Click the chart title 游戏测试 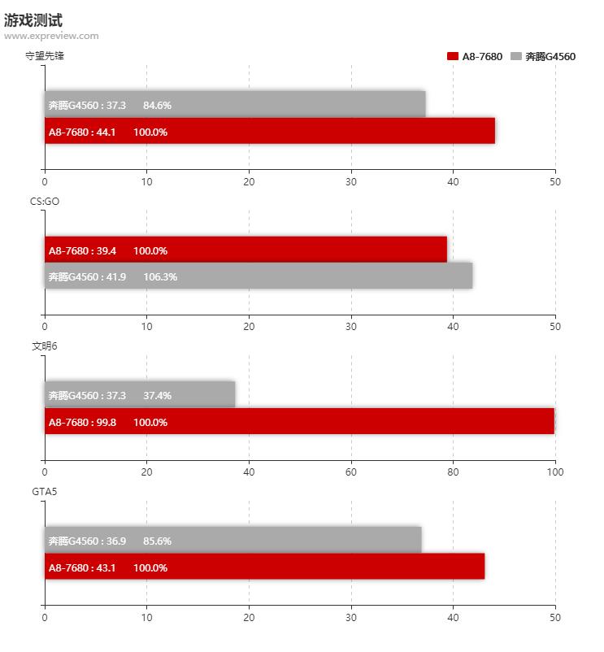[33, 20]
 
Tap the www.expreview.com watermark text [51, 36]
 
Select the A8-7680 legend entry [475, 57]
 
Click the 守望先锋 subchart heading [45, 56]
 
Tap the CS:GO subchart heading [45, 202]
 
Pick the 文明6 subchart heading [45, 346]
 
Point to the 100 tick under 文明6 [555, 472]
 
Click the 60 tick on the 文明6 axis [351, 472]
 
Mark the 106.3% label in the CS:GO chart [160, 277]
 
